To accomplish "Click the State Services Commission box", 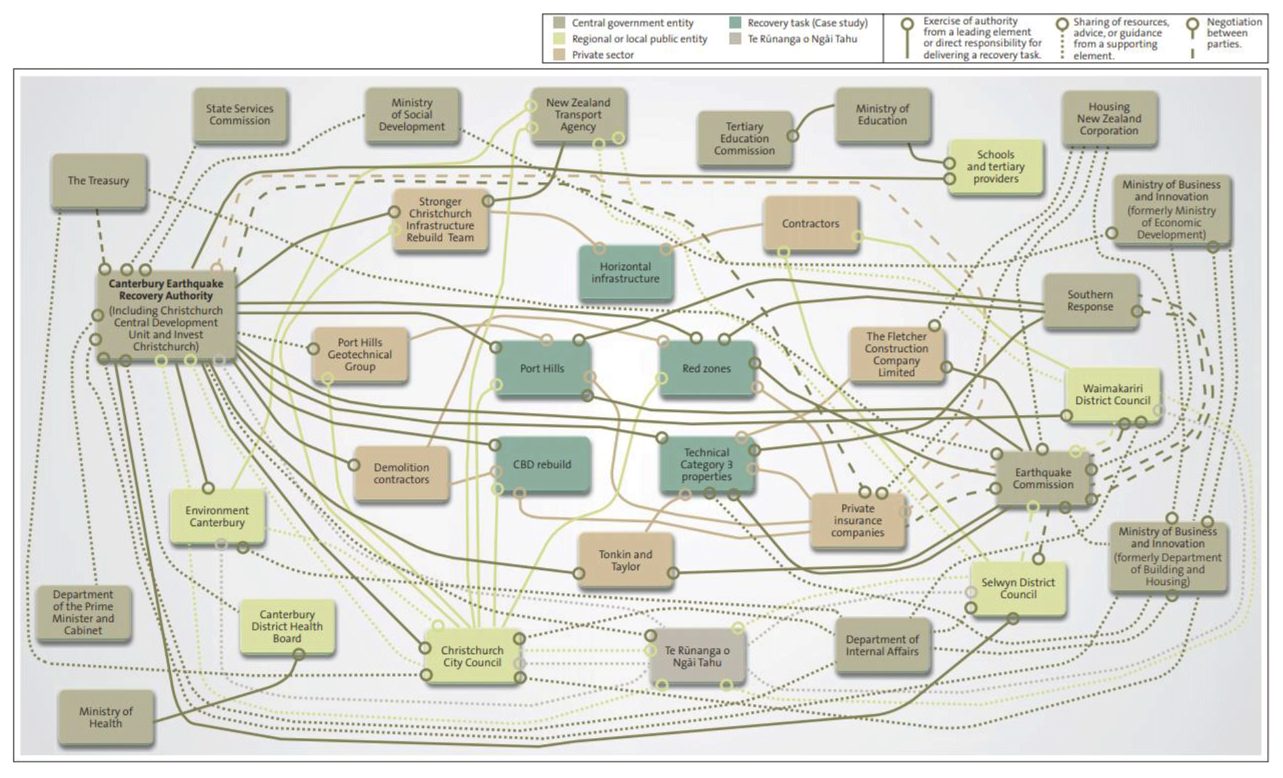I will coord(240,114).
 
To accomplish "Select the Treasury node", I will coord(99,181).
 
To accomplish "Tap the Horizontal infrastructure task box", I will coord(625,273).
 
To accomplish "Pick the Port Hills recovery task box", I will coord(542,368).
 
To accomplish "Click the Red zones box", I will coord(707,368).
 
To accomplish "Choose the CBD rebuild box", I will coord(542,464).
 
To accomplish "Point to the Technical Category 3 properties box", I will coord(707,464).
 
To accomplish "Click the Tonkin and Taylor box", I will coord(625,560).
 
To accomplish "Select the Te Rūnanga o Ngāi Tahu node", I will coord(697,656).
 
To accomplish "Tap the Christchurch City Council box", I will coord(472,656).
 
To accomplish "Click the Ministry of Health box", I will coord(106,717).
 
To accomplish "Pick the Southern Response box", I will coord(1090,301).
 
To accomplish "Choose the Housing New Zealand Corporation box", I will coord(1109,118).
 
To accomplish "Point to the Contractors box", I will coord(810,223).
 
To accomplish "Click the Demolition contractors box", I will coord(401,473).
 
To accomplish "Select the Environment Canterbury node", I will coord(217,517).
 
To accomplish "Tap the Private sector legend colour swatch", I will coord(560,55).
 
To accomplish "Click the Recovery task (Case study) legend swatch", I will coord(735,22).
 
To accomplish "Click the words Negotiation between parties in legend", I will coord(1232,33).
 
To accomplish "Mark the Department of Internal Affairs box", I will coord(882,645).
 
